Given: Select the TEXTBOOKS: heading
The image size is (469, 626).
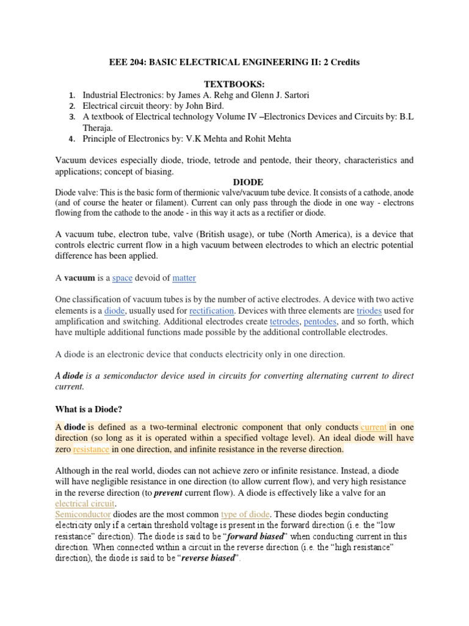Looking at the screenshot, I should (x=234, y=84).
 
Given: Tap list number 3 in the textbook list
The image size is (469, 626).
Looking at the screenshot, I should (x=71, y=117).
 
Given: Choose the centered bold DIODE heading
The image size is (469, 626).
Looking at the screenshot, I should (x=249, y=182).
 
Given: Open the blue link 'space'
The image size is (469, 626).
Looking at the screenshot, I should (x=122, y=278).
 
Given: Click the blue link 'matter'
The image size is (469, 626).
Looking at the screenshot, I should (x=184, y=278).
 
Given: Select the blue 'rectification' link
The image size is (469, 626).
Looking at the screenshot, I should (x=211, y=311).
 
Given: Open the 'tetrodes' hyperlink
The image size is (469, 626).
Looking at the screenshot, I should (x=284, y=322).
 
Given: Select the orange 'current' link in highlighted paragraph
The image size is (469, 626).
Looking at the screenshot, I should (x=374, y=427).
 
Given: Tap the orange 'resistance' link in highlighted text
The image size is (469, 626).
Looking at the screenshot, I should (x=92, y=449).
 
